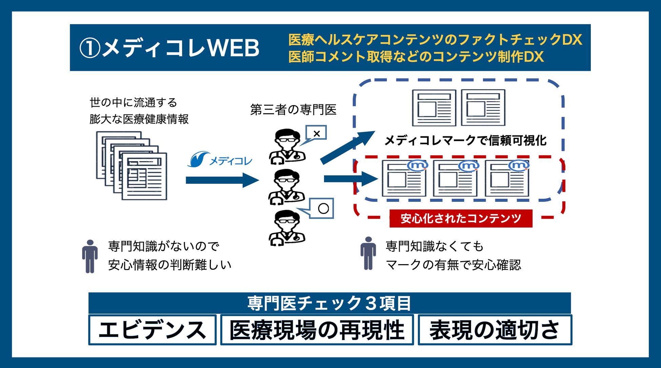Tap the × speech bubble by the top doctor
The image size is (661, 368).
pos(316,133)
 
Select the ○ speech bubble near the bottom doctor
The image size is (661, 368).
pos(323,208)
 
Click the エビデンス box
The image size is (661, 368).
pos(152,330)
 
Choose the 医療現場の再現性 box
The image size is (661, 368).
pos(317,330)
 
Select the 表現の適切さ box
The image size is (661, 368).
pos(495,330)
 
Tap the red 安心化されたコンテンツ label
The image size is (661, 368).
pos(461,218)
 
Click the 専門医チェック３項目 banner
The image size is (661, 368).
pos(329,303)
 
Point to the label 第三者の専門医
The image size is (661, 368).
pos(293,110)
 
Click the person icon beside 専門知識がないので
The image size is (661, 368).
pos(90,256)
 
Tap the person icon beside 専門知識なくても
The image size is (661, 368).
pos(368,253)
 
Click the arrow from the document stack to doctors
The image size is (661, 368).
pos(222,180)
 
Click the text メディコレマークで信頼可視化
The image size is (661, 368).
pos(465,140)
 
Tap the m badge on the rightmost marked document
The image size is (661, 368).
pos(519,166)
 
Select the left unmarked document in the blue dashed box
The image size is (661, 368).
pos(434,108)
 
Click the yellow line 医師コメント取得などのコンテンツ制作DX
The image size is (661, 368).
pos(416,57)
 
